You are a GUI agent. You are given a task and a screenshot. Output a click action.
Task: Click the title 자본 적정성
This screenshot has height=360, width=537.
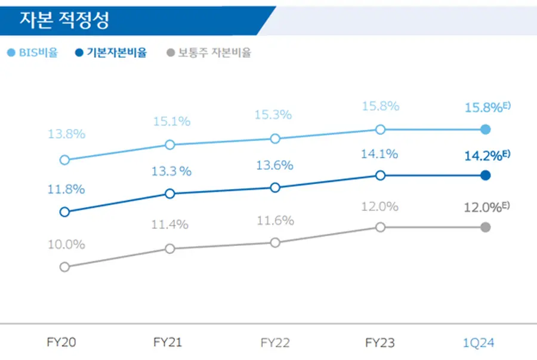pos(64,21)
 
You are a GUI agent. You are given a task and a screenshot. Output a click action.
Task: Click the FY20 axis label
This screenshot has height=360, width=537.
pos(61,343)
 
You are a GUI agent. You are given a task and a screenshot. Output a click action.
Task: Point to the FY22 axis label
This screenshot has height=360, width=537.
pos(275,343)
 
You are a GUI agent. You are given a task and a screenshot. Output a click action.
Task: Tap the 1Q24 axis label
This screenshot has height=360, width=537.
pos(479,343)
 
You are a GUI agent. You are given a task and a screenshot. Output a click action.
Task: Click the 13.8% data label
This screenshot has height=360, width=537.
pos(66,134)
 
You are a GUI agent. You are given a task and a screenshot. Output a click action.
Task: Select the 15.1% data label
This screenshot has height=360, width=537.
pos(171,121)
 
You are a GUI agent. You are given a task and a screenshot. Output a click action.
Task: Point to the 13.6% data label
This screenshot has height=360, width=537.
pos(274,165)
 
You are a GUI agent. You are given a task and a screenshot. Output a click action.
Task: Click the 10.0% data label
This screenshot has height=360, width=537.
pos(66,244)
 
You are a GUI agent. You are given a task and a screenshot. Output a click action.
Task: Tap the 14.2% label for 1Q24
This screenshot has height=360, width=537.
pos(483,156)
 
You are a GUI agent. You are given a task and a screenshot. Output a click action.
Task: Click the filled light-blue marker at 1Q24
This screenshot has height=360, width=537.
pos(486,130)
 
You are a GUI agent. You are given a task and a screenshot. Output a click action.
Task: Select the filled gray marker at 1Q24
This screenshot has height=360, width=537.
pos(486,227)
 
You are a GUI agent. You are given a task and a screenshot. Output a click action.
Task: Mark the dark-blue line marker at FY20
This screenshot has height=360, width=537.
pos(64,212)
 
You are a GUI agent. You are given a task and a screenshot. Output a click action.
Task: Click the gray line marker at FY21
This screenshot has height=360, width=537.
pos(170,248)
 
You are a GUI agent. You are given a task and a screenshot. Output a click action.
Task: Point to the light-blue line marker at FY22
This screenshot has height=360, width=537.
pos(275,139)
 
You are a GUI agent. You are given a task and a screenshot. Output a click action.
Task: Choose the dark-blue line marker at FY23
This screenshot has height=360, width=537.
pos(381,175)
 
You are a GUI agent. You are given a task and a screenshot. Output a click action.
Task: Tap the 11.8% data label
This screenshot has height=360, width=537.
pos(66,189)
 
